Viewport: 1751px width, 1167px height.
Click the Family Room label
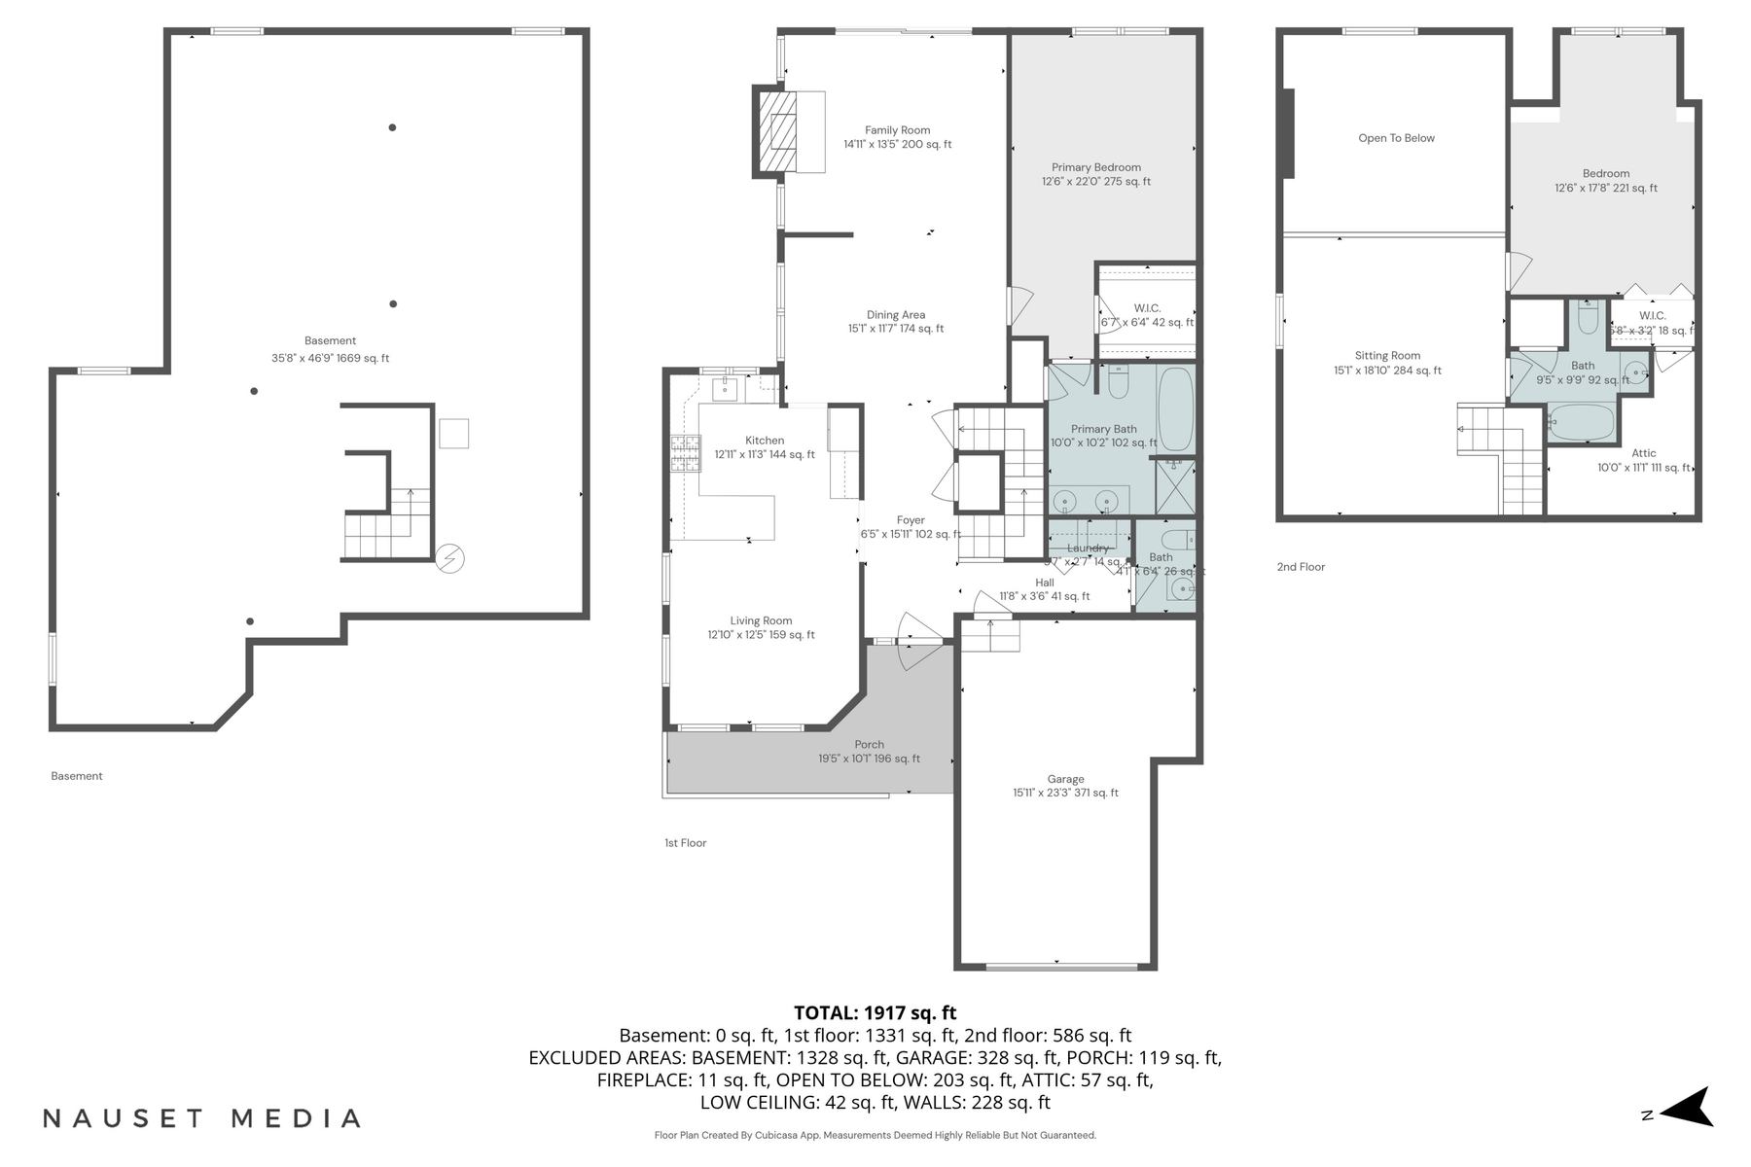tap(897, 130)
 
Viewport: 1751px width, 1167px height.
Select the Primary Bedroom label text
tap(1095, 167)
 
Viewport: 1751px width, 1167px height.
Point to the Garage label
tap(1065, 779)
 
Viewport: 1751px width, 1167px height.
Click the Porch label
tap(869, 745)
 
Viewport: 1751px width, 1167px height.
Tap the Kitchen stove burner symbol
tap(685, 453)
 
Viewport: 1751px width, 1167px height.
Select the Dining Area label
tap(896, 315)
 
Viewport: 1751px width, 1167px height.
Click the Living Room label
tap(761, 620)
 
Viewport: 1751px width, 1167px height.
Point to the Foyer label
tap(911, 520)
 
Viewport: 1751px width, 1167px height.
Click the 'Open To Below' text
tap(1396, 138)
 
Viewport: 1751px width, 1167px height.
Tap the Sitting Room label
tap(1387, 356)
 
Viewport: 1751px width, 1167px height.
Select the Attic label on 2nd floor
tap(1644, 453)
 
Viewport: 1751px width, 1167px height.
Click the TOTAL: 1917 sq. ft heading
tap(875, 1012)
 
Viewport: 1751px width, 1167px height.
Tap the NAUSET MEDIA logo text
tap(201, 1118)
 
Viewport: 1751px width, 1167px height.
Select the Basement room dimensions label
tap(330, 358)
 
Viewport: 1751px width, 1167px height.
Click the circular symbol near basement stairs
tap(449, 558)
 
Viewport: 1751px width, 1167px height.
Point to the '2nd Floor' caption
tap(1301, 567)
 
